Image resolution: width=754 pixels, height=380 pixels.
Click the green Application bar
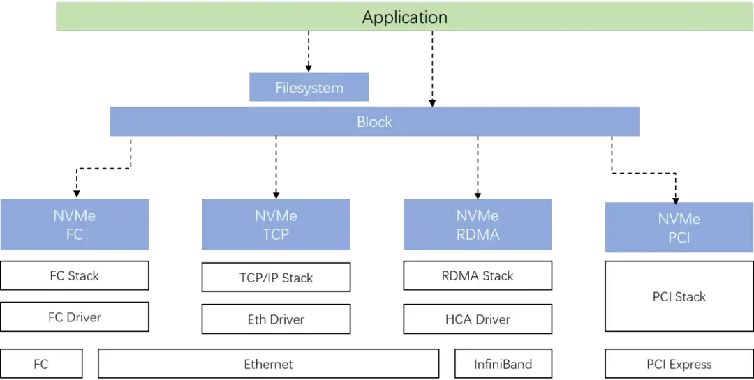click(x=405, y=17)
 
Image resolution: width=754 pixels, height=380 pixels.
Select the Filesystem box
click(x=309, y=88)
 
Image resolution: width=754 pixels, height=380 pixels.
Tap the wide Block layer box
click(x=374, y=122)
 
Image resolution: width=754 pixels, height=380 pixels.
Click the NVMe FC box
click(x=75, y=225)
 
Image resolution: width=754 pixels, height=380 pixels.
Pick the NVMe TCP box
click(x=276, y=225)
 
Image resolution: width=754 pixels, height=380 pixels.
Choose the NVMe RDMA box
click(x=478, y=225)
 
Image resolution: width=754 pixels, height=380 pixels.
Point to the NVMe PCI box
click(x=679, y=228)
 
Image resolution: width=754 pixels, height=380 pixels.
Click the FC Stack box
click(x=75, y=275)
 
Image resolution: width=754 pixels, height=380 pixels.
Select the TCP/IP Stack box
click(x=276, y=278)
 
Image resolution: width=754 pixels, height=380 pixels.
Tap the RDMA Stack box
click(x=478, y=275)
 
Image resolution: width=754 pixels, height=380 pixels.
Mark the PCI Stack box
click(x=679, y=296)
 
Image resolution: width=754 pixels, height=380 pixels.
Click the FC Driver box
click(x=75, y=317)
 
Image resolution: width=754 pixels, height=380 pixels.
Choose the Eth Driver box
click(x=276, y=319)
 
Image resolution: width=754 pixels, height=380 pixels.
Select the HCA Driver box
click(x=478, y=319)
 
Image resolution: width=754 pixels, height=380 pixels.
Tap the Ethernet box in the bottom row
click(x=268, y=364)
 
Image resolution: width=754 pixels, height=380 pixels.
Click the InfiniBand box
click(x=503, y=364)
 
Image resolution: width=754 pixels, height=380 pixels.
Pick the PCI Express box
click(x=679, y=364)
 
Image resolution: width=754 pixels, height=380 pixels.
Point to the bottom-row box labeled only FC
click(x=41, y=364)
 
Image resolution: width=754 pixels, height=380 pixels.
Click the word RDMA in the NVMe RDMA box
click(x=478, y=235)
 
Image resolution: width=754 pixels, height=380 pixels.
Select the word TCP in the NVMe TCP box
click(x=276, y=235)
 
